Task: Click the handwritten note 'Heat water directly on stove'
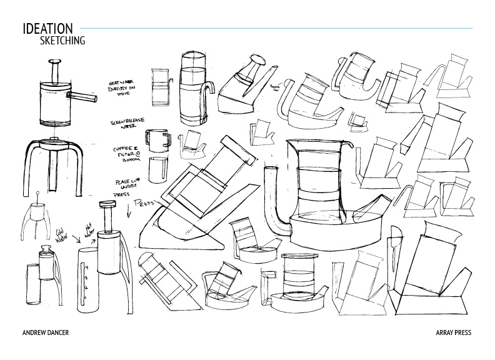point(126,89)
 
